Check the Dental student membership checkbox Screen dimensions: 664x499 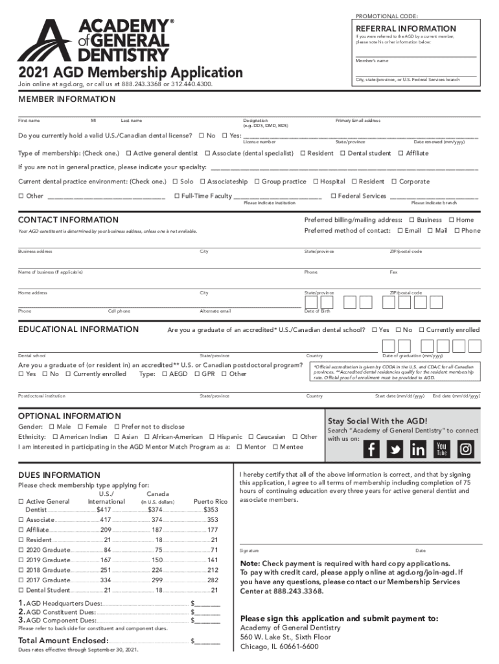342,153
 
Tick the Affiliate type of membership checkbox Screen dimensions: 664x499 400,153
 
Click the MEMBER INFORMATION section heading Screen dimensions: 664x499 67,99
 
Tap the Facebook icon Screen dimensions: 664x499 372,449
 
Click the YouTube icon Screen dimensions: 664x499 442,449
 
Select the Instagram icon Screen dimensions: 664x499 466,449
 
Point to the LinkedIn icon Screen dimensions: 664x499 419,449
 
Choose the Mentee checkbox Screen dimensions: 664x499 276,447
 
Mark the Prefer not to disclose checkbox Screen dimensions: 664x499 117,427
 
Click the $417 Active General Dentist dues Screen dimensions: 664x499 104,510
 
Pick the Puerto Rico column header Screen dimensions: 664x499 211,501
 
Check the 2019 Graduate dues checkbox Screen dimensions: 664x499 21,560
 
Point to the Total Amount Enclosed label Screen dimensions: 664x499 62,641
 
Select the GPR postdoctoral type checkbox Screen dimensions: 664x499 197,373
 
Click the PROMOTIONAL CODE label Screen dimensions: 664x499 386,16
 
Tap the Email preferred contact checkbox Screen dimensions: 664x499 400,230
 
